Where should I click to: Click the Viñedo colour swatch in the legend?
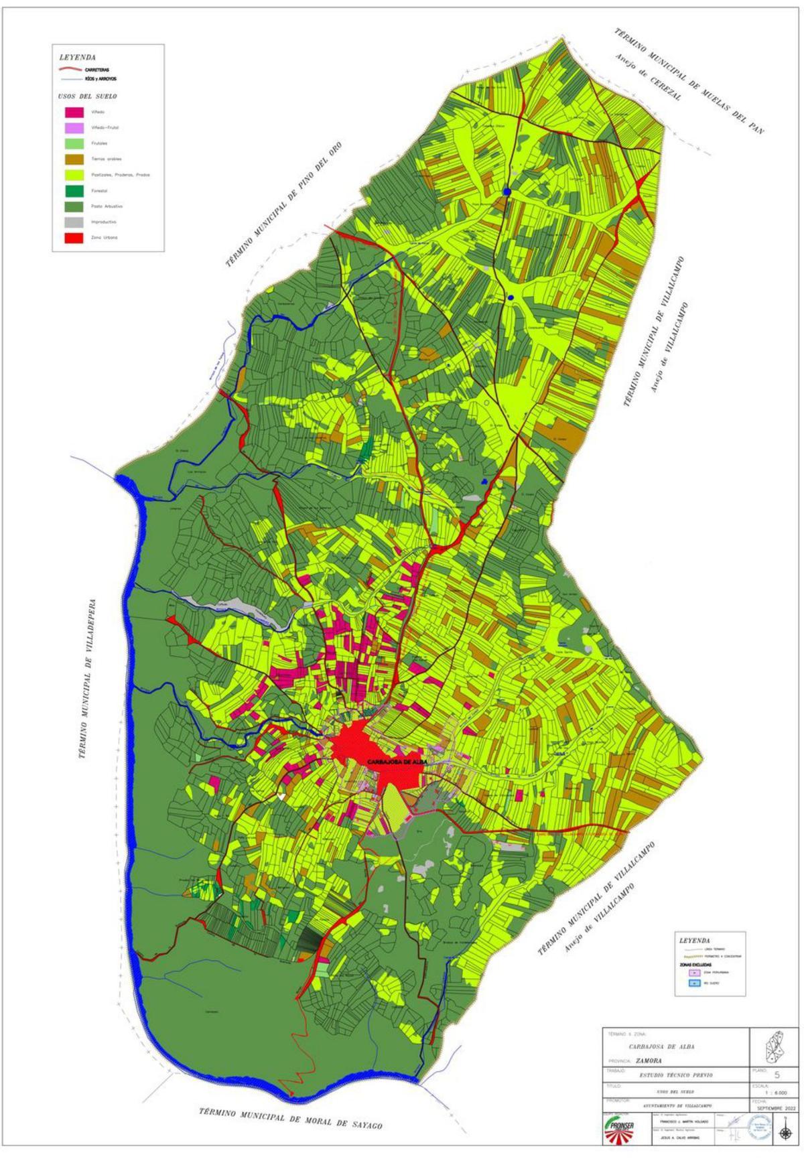pos(74,112)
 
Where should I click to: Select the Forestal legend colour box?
pos(74,190)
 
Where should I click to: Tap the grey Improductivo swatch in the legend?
pos(74,222)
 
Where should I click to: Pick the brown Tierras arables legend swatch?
pos(74,159)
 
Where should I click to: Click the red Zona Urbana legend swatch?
pos(74,237)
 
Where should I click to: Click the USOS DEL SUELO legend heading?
pos(88,96)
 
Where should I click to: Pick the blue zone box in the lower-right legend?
pos(695,983)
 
